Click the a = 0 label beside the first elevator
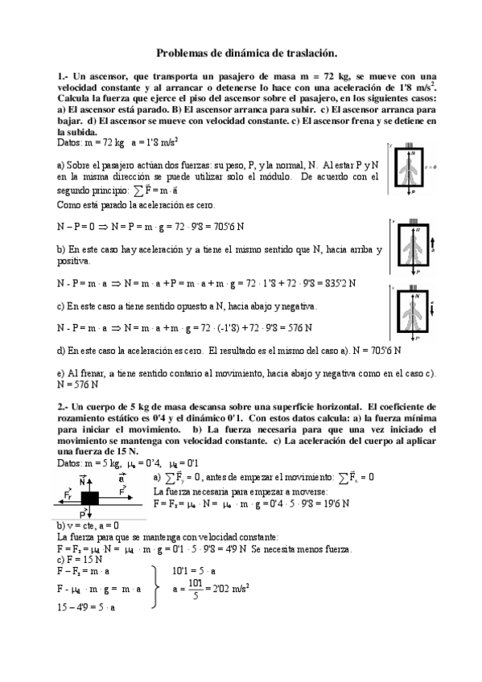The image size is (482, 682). click(432, 168)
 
